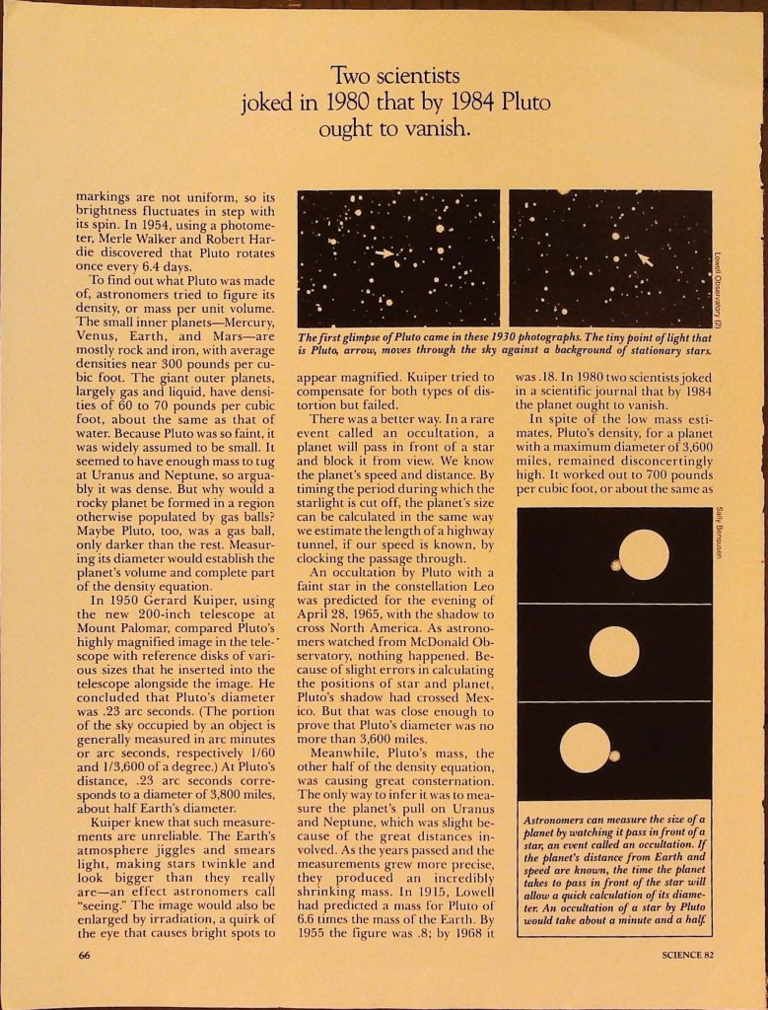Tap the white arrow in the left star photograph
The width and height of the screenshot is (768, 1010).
384,253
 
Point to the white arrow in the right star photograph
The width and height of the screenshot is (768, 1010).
644,258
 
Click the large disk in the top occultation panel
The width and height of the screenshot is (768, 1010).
644,554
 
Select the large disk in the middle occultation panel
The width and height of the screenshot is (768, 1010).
613,652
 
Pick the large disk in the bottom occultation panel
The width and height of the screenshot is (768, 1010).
585,747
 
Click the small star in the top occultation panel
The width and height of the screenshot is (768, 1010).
617,565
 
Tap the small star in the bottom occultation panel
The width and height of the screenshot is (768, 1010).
614,756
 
